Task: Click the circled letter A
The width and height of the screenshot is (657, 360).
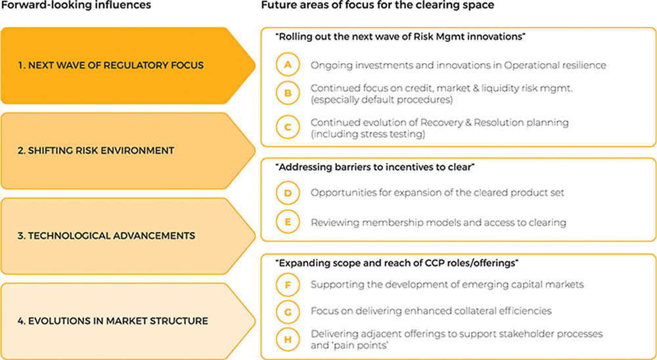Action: tap(288, 65)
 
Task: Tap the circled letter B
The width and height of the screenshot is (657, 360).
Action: tap(288, 94)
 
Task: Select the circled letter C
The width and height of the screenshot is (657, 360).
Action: tap(288, 128)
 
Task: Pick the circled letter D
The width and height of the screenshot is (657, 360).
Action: tap(288, 193)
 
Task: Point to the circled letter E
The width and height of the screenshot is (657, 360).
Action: tap(288, 222)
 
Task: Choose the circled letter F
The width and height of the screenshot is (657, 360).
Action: tap(288, 285)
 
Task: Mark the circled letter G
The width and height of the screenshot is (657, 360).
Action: tap(288, 310)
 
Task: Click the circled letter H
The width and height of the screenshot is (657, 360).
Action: tap(288, 339)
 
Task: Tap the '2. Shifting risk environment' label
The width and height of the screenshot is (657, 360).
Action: tap(95, 150)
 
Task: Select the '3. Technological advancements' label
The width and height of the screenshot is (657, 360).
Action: tap(106, 235)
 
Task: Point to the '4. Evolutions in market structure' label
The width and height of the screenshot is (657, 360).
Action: tap(113, 321)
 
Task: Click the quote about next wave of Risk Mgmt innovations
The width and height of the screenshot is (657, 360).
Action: tap(400, 37)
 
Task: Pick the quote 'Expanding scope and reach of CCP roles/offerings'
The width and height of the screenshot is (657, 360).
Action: tap(397, 263)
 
